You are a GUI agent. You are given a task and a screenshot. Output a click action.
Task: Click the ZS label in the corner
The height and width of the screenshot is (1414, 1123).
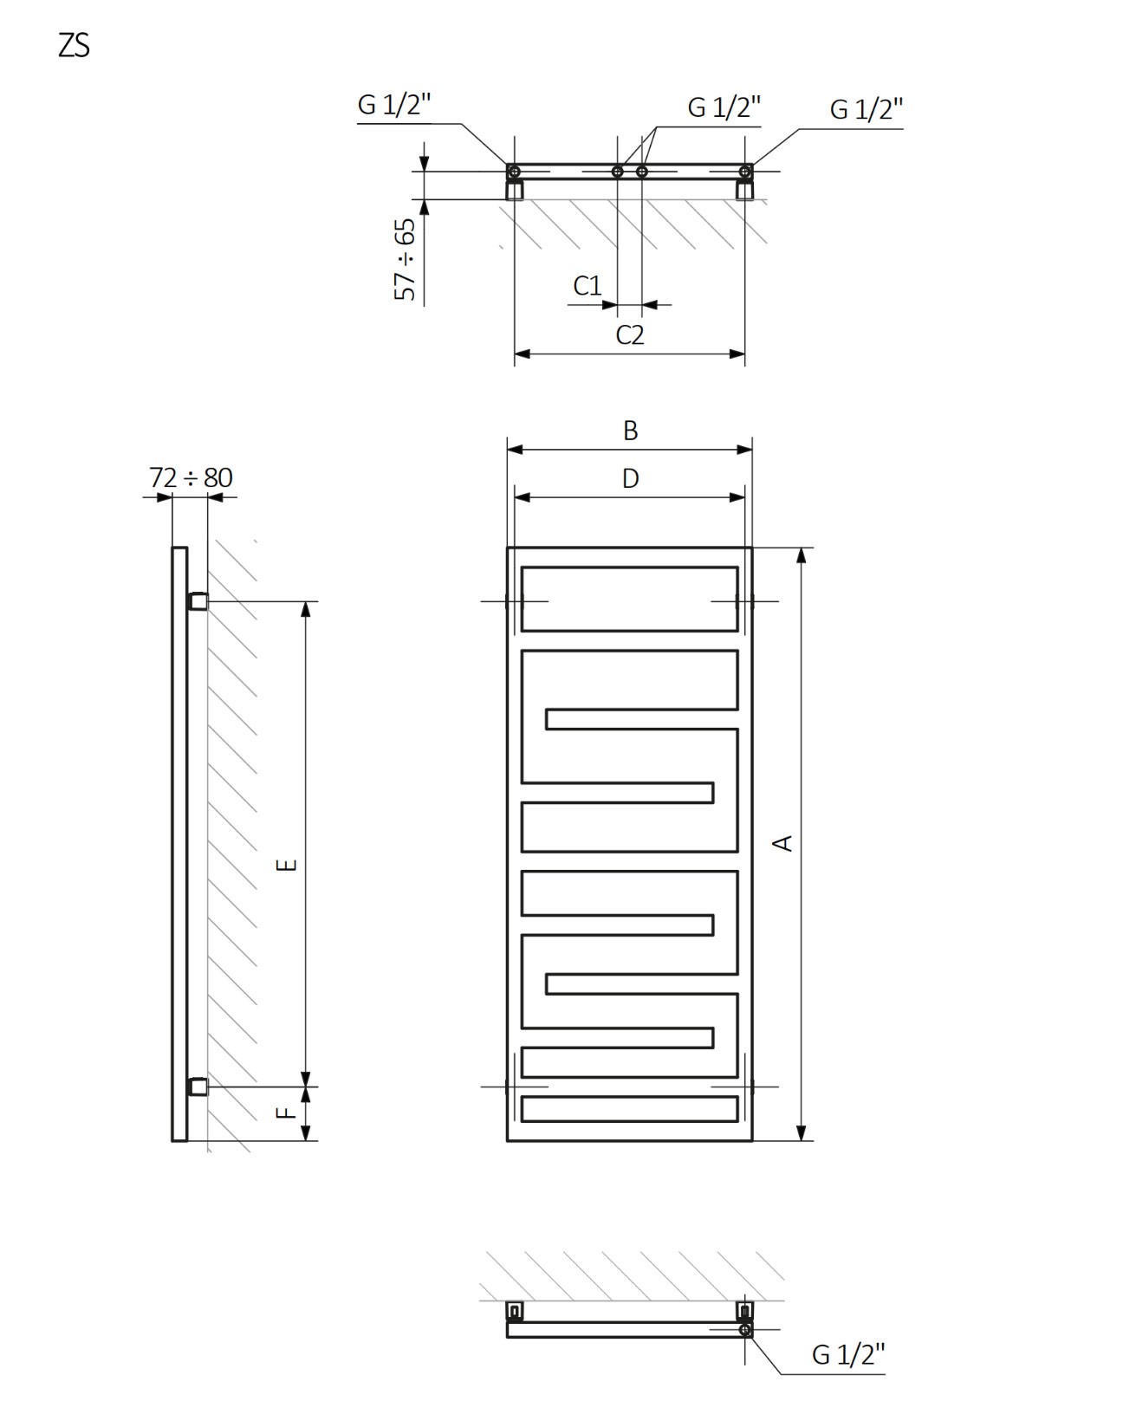(x=74, y=46)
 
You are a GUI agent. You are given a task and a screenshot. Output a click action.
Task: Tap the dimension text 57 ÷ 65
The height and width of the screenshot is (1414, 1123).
(x=405, y=260)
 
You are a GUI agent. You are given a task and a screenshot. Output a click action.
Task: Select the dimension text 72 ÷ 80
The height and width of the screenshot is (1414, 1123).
(x=191, y=477)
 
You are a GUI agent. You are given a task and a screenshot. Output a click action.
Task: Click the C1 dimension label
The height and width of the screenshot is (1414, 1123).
(x=587, y=286)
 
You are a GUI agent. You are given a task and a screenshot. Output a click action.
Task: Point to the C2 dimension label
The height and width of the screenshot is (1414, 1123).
(x=629, y=335)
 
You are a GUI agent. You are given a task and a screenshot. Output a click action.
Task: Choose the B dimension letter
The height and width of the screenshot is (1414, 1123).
(x=630, y=431)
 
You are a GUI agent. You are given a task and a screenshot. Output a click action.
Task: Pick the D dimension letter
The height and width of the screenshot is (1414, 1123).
(x=630, y=478)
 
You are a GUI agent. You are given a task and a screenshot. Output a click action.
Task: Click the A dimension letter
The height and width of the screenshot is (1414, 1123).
(x=782, y=843)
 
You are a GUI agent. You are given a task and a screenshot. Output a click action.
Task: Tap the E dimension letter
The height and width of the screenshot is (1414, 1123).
(x=287, y=865)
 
